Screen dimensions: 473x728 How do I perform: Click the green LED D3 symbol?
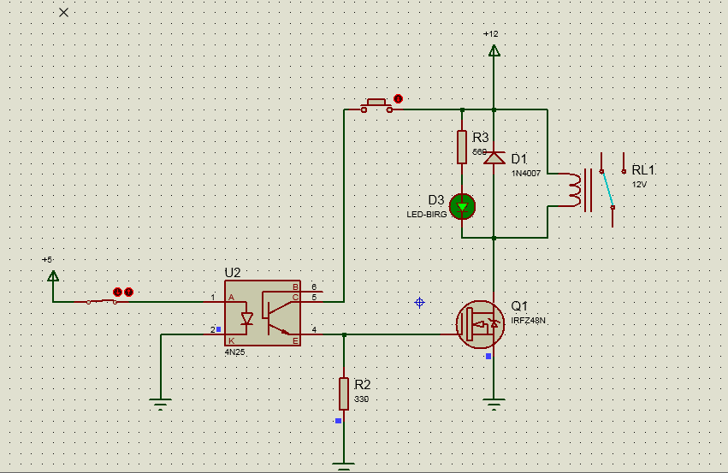[462, 206]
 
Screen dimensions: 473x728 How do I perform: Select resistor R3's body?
[462, 146]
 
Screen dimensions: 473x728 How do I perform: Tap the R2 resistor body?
[343, 393]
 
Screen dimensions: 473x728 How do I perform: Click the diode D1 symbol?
[494, 157]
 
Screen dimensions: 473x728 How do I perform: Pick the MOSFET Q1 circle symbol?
[480, 323]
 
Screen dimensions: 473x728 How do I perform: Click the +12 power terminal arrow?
[494, 50]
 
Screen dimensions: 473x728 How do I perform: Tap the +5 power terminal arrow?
[53, 275]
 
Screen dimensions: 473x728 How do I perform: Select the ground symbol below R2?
[343, 466]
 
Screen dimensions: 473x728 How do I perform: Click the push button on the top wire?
[376, 105]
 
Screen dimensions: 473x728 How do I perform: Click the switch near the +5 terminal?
[102, 301]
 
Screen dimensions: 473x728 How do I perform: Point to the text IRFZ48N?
[529, 321]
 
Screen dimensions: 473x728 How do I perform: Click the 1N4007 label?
[526, 173]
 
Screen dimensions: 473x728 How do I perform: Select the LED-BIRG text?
[427, 215]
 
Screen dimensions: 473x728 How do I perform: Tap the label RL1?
[643, 170]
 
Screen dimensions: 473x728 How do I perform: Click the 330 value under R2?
[361, 399]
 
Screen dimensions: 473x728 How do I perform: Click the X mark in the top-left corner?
[64, 13]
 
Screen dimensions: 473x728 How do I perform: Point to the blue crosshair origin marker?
[419, 302]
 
